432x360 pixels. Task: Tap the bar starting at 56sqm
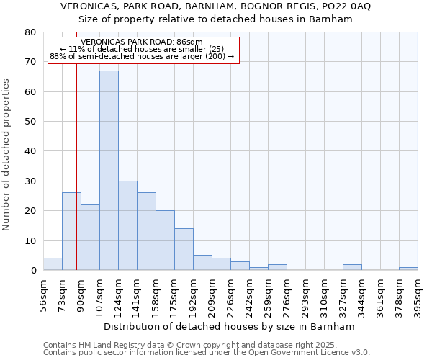[53, 264]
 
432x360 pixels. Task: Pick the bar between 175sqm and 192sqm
[184, 249]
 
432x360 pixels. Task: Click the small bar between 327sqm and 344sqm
[352, 267]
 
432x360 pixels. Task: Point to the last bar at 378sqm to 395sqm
[408, 269]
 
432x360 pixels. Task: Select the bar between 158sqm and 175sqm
[165, 240]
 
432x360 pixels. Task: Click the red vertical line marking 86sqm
[76, 180]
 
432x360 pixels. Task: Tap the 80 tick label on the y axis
[30, 32]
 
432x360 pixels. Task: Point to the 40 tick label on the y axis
[30, 151]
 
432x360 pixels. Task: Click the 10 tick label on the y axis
[30, 240]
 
